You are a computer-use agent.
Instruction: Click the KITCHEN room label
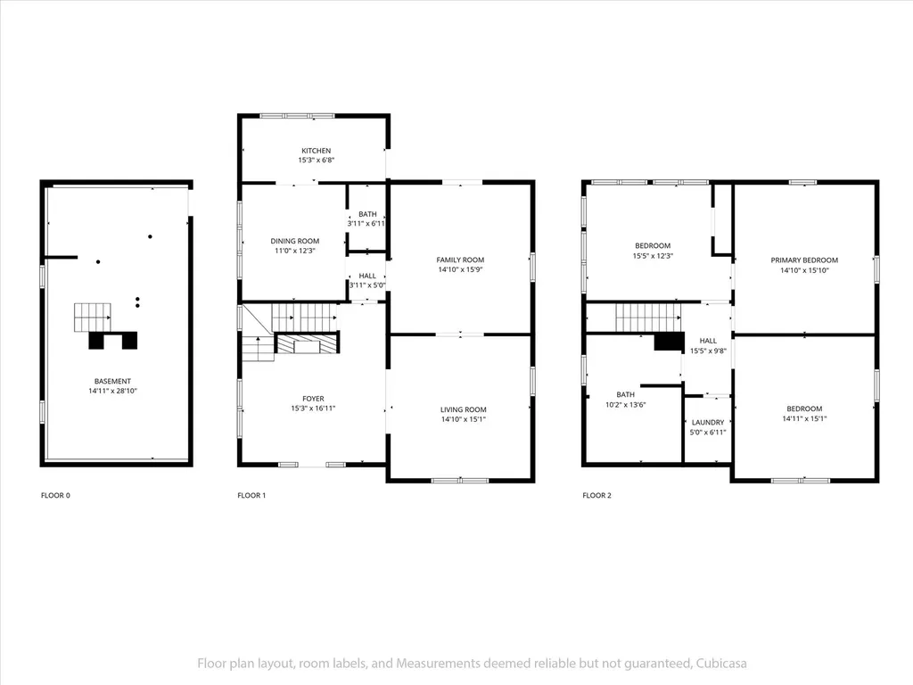point(317,151)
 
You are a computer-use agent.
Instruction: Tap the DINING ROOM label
point(294,241)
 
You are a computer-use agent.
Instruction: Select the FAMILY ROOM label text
point(461,260)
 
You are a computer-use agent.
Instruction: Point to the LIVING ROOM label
point(464,409)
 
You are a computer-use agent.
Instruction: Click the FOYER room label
point(313,399)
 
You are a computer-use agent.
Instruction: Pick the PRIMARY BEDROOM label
point(805,260)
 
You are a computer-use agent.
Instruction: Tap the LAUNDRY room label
point(708,422)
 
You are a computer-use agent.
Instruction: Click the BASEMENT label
point(113,382)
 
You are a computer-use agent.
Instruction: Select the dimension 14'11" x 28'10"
point(113,391)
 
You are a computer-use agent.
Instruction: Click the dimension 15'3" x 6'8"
point(317,161)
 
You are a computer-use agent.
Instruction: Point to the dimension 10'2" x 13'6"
point(626,404)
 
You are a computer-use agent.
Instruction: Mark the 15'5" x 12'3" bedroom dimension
point(653,256)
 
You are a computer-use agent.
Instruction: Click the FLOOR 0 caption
point(55,496)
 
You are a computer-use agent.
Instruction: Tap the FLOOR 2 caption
point(596,496)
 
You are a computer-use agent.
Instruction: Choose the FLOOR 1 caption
point(251,496)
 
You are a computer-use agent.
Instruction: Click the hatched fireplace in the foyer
point(307,343)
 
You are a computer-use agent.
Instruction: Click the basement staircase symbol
point(93,318)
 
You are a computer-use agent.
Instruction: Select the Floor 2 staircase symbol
point(648,318)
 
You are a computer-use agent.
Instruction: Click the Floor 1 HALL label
point(367,276)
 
